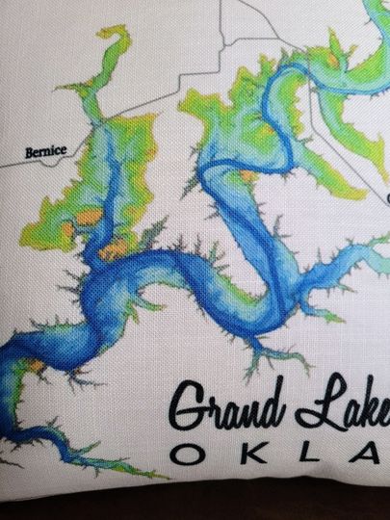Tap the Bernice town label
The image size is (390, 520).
(x=47, y=152)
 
